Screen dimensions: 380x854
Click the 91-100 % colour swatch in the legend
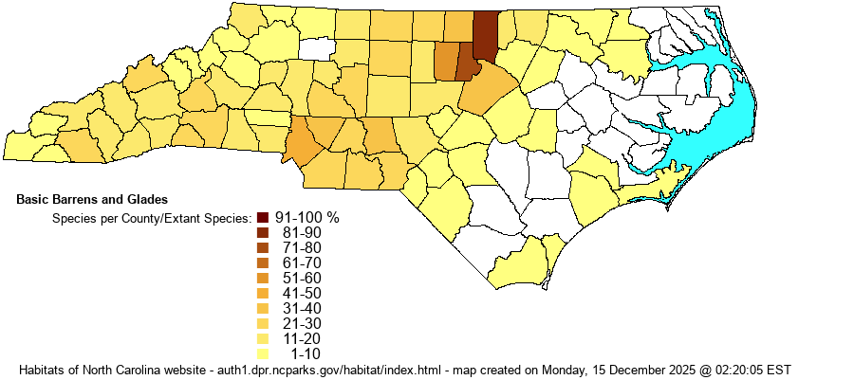[263, 217]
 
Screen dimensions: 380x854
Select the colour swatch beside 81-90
[263, 232]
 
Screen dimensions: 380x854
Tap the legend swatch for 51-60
[263, 278]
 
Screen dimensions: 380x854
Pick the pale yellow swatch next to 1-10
[263, 353]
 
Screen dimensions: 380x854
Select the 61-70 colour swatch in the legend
[263, 262]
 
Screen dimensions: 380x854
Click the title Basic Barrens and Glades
[92, 200]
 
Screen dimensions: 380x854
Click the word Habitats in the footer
[43, 369]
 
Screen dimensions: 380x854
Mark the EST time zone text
[778, 369]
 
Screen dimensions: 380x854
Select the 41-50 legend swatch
[263, 293]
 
